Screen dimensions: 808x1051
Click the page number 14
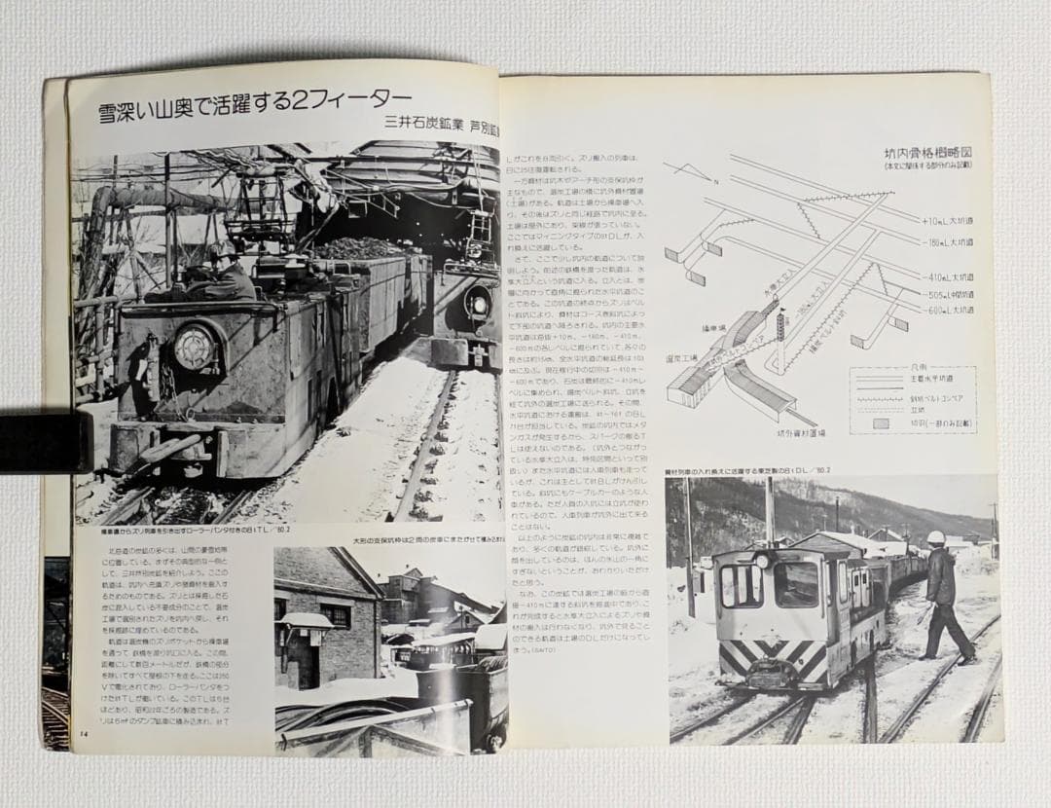point(84,733)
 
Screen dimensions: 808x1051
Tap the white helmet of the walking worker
point(936,537)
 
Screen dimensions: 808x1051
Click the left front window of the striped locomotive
point(742,585)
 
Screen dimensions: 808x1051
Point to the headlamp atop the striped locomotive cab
point(763,559)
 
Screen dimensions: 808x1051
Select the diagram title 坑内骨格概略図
point(928,153)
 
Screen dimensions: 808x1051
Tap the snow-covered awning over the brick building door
point(305,620)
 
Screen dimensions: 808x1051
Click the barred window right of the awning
point(337,615)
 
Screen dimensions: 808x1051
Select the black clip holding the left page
point(44,443)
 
